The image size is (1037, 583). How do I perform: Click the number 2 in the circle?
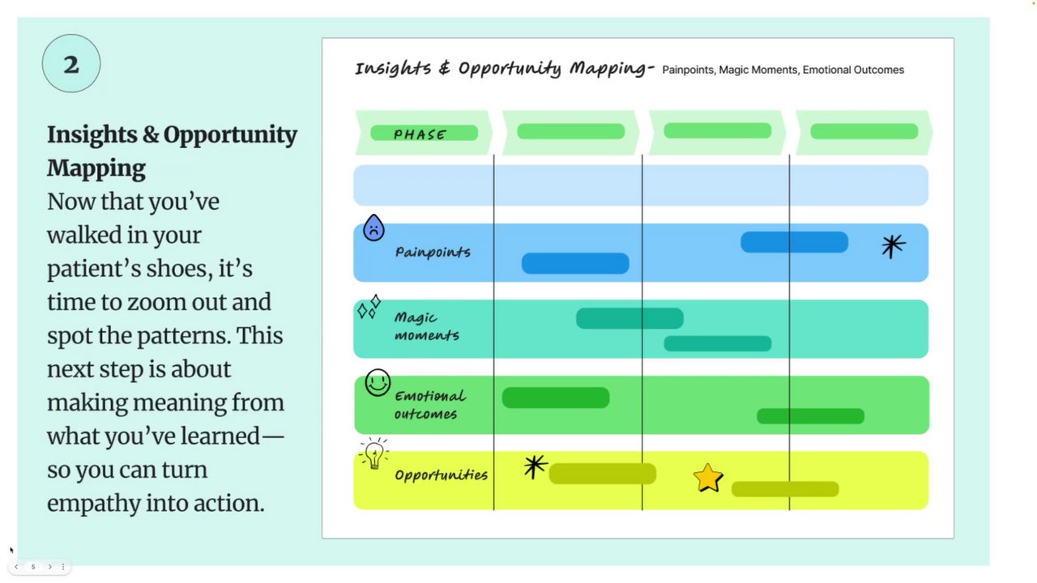(x=71, y=64)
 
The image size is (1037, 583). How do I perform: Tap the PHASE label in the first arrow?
(x=420, y=134)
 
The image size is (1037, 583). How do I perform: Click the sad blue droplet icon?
(x=373, y=228)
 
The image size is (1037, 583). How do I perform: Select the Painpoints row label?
(x=433, y=252)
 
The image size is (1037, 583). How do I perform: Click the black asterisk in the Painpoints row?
(x=892, y=246)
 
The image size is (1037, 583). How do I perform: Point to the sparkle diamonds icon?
(x=369, y=308)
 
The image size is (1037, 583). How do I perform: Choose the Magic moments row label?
(x=426, y=326)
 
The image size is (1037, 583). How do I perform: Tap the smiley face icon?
(x=378, y=383)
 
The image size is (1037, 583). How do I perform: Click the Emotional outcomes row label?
(x=429, y=405)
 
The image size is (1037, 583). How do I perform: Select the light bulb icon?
(x=373, y=455)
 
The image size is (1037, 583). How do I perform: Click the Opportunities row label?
(x=441, y=475)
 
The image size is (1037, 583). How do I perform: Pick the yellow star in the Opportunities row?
(x=708, y=478)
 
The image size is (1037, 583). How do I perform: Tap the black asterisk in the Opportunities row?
(x=535, y=466)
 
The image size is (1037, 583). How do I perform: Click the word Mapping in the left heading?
(x=96, y=168)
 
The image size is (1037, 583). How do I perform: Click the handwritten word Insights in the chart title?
(x=393, y=68)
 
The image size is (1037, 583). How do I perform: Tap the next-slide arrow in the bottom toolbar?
(x=49, y=567)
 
